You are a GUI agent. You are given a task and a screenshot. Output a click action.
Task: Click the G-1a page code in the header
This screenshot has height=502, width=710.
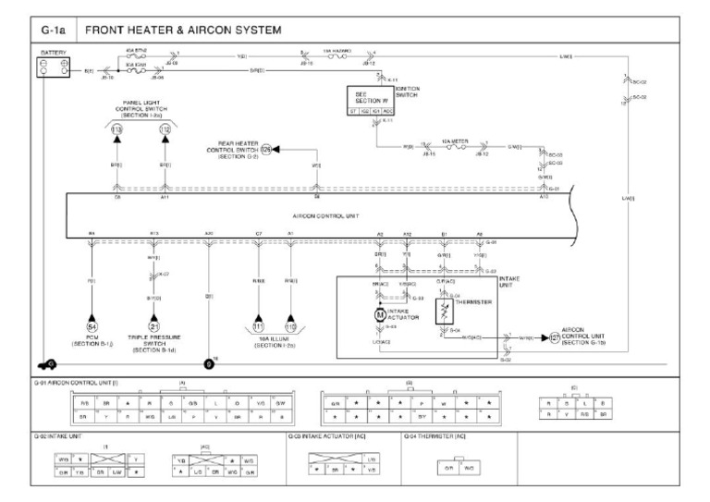pyautogui.click(x=54, y=31)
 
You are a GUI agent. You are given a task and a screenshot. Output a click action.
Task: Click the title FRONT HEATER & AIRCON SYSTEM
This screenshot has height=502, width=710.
pyautogui.click(x=183, y=31)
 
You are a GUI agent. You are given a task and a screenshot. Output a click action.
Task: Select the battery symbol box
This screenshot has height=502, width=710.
pyautogui.click(x=52, y=66)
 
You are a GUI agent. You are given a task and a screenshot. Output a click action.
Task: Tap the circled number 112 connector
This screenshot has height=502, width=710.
pyautogui.click(x=165, y=130)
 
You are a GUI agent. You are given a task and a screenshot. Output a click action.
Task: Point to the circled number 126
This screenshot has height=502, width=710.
pyautogui.click(x=266, y=148)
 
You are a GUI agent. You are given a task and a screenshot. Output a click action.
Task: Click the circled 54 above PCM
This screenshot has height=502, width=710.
pyautogui.click(x=92, y=327)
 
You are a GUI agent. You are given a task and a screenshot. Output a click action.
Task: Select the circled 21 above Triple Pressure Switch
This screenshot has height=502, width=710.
pyautogui.click(x=154, y=327)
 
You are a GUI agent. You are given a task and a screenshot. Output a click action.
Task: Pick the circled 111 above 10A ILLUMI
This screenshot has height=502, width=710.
pyautogui.click(x=259, y=327)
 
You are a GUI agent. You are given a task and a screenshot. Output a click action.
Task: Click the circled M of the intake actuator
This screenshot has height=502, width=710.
pyautogui.click(x=378, y=315)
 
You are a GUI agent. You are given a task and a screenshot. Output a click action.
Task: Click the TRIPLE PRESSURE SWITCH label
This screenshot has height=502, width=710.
pyautogui.click(x=154, y=345)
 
